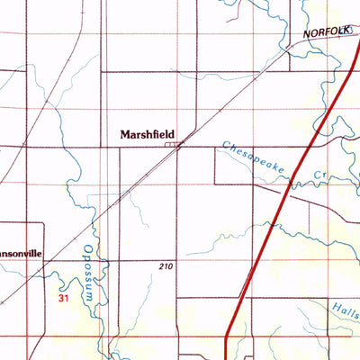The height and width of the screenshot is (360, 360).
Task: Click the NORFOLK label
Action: (x=325, y=31)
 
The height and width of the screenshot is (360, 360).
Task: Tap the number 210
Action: (x=163, y=267)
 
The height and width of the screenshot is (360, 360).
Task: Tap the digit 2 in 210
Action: (x=158, y=267)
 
